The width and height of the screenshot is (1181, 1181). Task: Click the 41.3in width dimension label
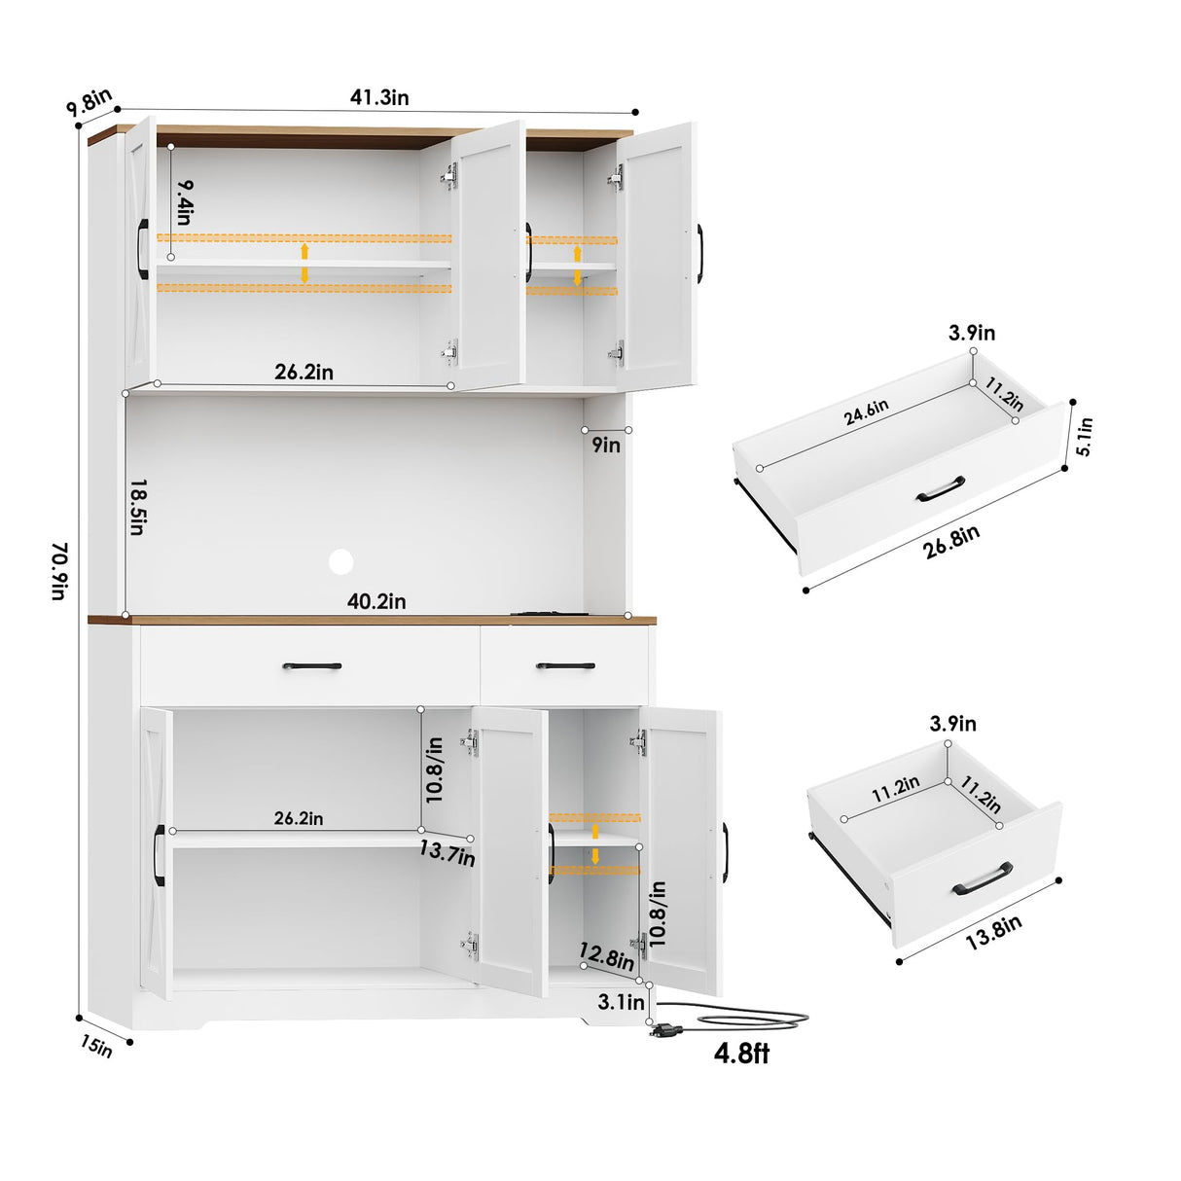click(x=379, y=96)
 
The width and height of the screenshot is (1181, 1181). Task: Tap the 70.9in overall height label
click(x=59, y=571)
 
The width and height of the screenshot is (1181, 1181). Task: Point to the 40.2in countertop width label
click(x=376, y=601)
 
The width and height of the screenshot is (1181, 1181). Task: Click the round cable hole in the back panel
click(x=340, y=560)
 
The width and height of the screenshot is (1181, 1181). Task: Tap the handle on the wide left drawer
click(x=311, y=666)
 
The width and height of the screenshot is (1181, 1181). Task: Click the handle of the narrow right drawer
click(x=565, y=665)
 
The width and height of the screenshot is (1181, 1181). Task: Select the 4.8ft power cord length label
click(x=741, y=1053)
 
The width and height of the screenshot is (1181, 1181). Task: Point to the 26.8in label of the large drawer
click(x=950, y=541)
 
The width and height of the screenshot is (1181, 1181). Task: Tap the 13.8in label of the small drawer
click(x=993, y=932)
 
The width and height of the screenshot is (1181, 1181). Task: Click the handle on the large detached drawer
click(x=941, y=488)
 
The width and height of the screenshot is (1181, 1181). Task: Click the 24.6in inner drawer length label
click(x=866, y=412)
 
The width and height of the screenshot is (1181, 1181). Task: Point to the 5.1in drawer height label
click(x=1085, y=436)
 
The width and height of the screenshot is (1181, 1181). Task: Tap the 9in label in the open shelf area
click(x=606, y=445)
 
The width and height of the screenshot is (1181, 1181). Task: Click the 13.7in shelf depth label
click(x=447, y=853)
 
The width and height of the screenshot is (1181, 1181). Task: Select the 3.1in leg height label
click(x=621, y=1001)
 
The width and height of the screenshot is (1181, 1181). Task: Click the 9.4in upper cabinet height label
click(x=185, y=201)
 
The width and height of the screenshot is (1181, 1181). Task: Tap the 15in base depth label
click(x=96, y=1048)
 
